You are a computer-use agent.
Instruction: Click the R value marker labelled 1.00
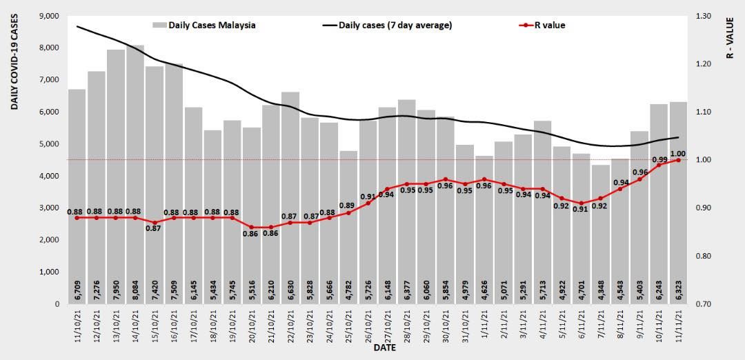click(x=679, y=160)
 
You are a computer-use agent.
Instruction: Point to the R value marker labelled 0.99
click(x=659, y=165)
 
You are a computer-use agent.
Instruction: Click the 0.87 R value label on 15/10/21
click(x=155, y=228)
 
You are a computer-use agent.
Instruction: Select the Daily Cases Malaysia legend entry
click(x=203, y=26)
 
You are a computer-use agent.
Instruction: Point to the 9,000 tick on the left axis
click(x=49, y=16)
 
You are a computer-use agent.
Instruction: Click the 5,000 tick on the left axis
click(x=49, y=144)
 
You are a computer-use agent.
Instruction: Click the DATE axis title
click(x=384, y=348)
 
